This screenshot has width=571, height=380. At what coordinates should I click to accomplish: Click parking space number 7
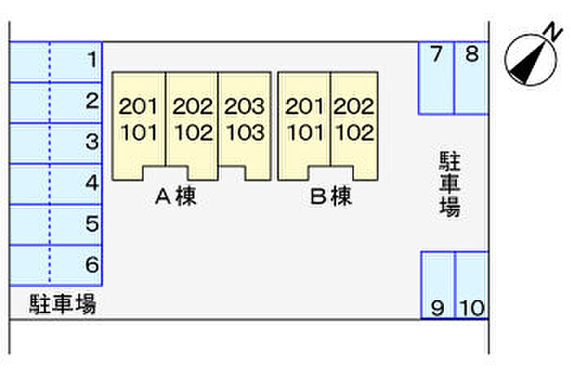pos(436,77)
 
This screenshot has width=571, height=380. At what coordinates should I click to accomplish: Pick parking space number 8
pos(471,77)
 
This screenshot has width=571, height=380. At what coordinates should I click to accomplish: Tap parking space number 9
pos(437,285)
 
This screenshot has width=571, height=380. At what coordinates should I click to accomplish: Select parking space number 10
pos(471,285)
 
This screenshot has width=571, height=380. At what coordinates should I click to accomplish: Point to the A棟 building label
pos(176,197)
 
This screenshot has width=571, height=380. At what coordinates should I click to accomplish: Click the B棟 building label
pos(331,197)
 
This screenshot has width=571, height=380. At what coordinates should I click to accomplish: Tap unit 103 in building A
pos(245,132)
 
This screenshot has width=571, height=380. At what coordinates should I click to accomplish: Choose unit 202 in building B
pos(354,107)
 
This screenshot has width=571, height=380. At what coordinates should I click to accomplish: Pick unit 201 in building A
pos(139,107)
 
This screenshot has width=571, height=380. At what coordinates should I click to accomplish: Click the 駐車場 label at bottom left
pos(63,305)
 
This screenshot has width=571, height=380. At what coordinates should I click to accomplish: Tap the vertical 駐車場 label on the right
pos(449,183)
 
